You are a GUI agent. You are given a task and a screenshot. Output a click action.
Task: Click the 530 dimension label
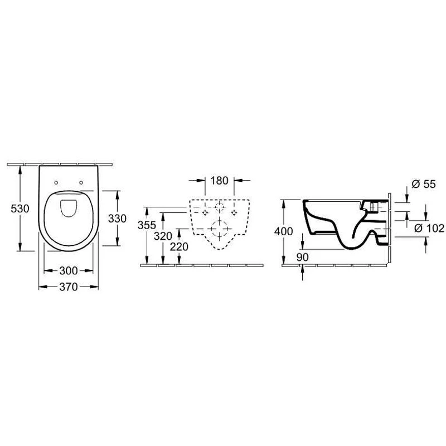coord(20,209)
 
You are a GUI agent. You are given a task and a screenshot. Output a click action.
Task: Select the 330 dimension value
coord(117,219)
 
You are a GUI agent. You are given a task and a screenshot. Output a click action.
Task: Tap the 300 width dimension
coord(69,270)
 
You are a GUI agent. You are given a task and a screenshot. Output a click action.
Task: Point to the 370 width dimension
coord(69,287)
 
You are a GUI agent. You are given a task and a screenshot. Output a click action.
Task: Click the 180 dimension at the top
coord(219,180)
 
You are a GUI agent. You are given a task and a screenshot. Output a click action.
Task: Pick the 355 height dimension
coord(147,225)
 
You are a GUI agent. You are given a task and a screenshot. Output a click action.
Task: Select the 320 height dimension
coord(163,236)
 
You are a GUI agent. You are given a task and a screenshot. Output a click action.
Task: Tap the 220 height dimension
coord(179,246)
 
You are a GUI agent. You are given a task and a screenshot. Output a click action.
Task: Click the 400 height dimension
coord(284,231)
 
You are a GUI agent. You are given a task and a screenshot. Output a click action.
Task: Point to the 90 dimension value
coord(302,257)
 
